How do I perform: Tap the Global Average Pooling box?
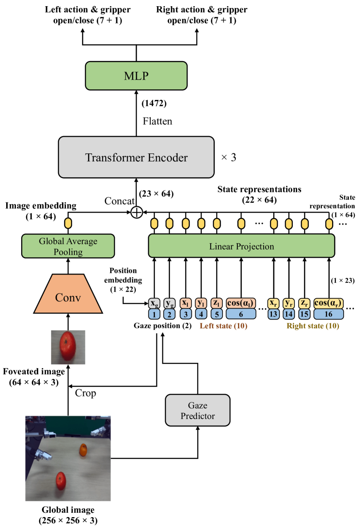pos(68,246)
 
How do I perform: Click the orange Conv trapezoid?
pos(68,297)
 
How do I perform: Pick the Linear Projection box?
pos(241,246)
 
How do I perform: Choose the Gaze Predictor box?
pos(197,411)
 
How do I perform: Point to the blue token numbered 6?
pos(241,314)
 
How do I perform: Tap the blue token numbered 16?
pos(328,314)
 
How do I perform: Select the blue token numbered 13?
pos(273,314)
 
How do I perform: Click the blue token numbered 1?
pos(154,314)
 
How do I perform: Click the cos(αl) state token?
pos(241,303)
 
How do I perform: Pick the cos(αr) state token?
pos(328,303)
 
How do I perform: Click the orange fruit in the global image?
pos(83,450)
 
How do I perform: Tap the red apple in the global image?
pos(61,480)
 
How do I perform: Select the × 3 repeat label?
pos(229,157)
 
